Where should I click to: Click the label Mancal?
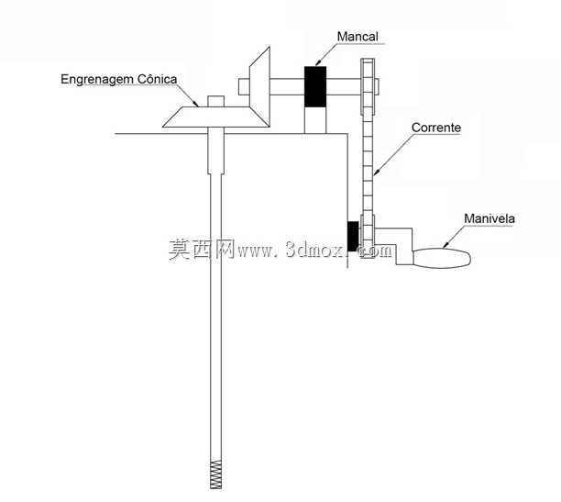tap(357, 37)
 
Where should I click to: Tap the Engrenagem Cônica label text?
tap(119, 79)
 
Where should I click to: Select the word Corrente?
tap(436, 128)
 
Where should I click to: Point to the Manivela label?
tap(489, 218)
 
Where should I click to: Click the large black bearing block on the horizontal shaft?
tap(315, 86)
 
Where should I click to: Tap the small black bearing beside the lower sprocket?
tap(353, 236)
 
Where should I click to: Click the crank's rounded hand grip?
tap(442, 258)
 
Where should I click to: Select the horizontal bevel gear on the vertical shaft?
tap(216, 117)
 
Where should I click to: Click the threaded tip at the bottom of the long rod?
tap(215, 474)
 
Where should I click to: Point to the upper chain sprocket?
tap(368, 86)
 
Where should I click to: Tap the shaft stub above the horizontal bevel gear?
tap(216, 101)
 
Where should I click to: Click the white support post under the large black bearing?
tap(315, 120)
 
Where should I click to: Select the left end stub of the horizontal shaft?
tap(244, 86)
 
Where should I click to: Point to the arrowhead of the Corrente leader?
tap(375, 172)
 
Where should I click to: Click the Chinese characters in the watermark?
tap(202, 249)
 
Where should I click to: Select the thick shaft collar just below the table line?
tap(216, 153)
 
